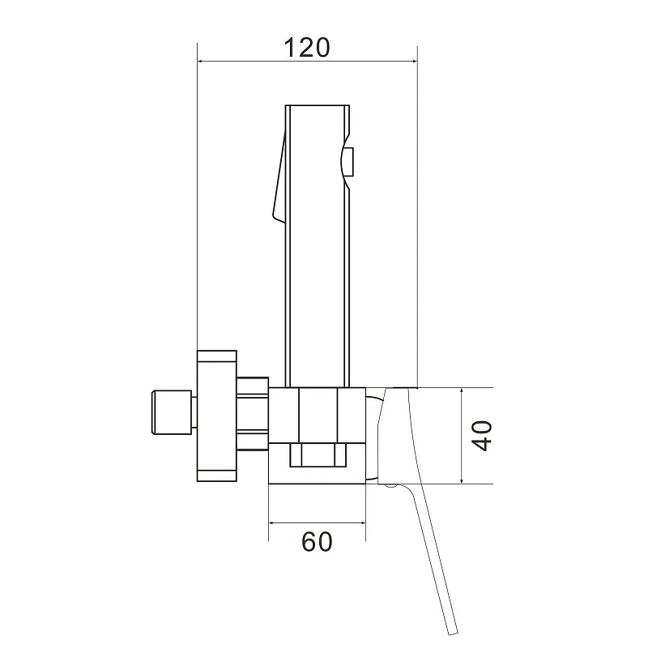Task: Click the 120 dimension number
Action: pos(307,48)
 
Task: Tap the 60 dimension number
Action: pos(317,542)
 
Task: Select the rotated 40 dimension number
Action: pos(482,436)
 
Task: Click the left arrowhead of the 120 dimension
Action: pos(201,62)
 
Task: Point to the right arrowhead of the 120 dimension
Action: pos(414,62)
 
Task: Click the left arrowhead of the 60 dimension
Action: pos(272,522)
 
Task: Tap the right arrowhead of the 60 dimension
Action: pos(362,522)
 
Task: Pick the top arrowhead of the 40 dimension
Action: pos(461,392)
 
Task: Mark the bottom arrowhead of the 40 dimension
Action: pos(461,480)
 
